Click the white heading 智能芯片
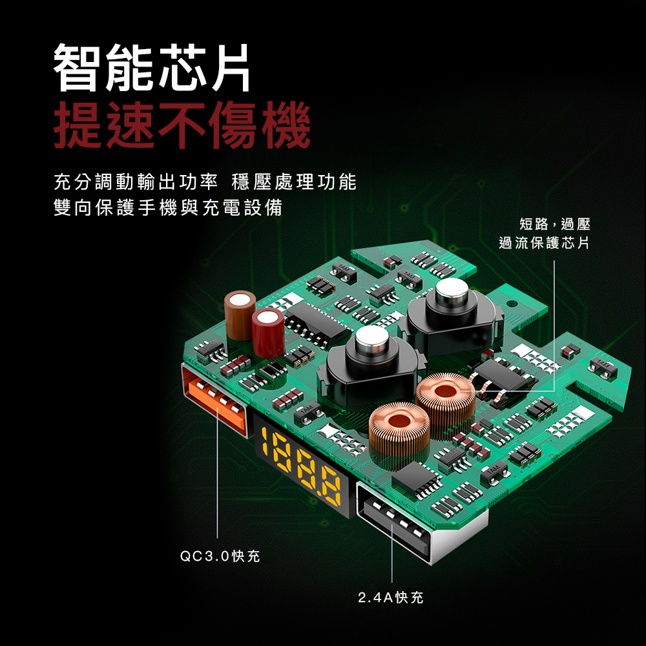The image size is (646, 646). [x=152, y=67]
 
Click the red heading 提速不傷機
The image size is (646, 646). [x=182, y=125]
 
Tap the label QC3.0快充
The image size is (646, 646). [x=220, y=556]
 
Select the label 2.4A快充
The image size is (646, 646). [x=391, y=598]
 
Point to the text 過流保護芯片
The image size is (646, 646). [x=544, y=243]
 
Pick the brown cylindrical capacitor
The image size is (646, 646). [x=240, y=315]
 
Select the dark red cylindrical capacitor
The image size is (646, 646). [x=268, y=333]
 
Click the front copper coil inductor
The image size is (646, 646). [x=399, y=433]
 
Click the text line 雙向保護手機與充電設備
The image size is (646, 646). [x=168, y=207]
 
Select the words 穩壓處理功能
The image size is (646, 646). [x=294, y=182]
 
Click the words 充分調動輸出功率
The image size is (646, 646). [x=136, y=182]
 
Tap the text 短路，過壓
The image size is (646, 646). [x=554, y=224]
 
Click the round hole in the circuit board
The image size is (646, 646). [x=511, y=304]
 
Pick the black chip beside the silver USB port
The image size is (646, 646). [x=415, y=478]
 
